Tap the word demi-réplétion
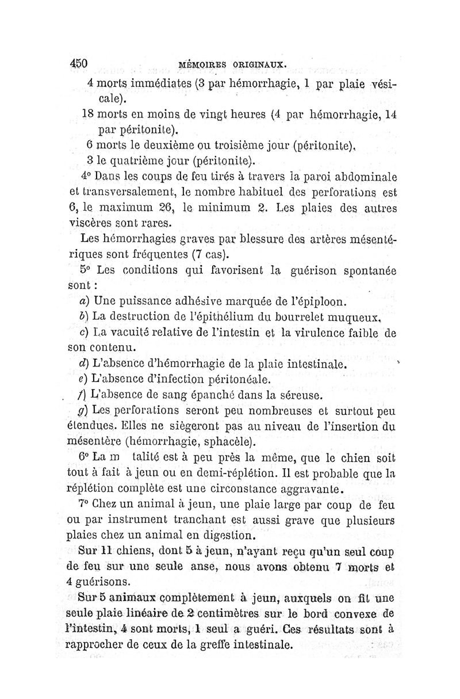click(233, 474)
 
